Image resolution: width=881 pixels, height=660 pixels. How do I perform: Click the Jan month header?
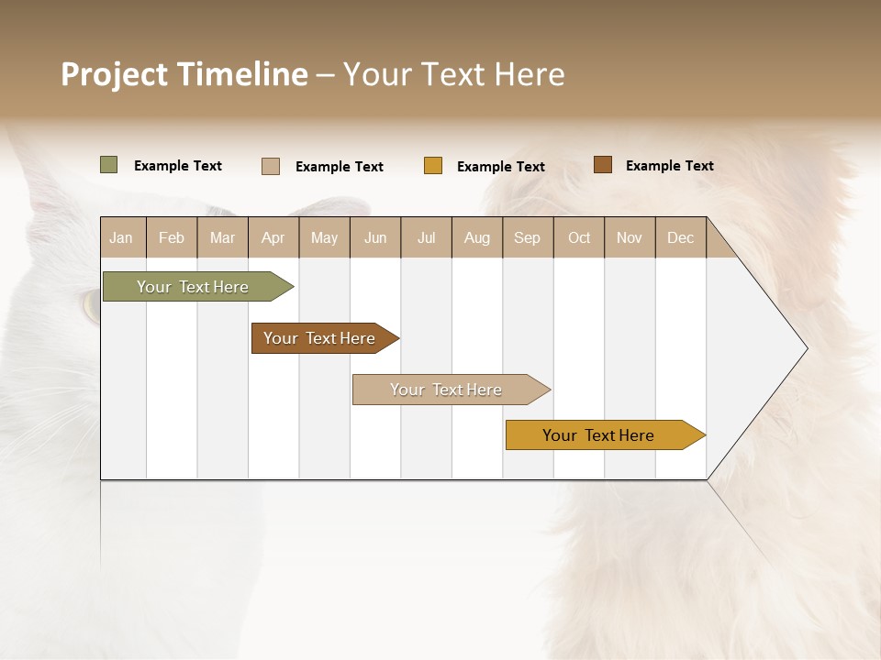[121, 237]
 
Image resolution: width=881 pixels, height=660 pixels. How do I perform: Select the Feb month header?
[172, 237]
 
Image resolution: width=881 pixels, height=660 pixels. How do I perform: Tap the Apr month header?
[273, 237]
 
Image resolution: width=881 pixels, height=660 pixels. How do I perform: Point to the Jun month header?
[375, 237]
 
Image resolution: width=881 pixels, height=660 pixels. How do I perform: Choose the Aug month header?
[476, 237]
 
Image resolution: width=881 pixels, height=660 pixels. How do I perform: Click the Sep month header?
[527, 237]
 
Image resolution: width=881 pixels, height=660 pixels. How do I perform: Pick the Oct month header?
[579, 237]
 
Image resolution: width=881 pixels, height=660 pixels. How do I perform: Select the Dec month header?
[680, 237]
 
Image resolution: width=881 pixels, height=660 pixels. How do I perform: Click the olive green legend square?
[109, 165]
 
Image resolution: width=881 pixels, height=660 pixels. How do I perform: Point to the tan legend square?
[271, 166]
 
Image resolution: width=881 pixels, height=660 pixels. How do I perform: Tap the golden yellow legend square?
[433, 166]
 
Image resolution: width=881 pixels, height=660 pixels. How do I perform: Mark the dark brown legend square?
[603, 165]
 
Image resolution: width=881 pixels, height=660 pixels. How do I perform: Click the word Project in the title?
[116, 74]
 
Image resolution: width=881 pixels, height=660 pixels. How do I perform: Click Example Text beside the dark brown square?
[669, 166]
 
